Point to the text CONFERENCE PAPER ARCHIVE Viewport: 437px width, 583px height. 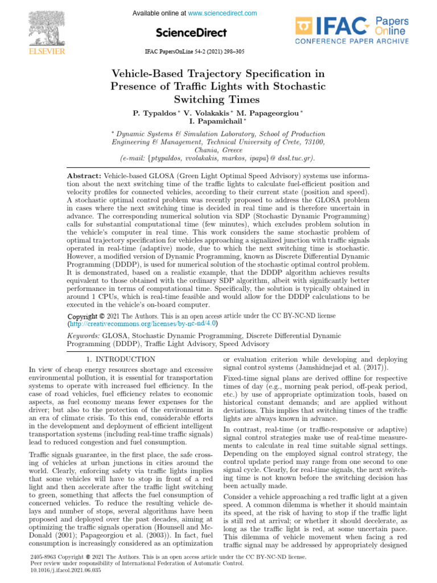(x=352, y=42)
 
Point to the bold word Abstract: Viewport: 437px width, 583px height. (x=84, y=176)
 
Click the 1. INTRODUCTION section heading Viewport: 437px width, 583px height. (x=120, y=359)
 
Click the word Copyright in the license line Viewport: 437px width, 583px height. (x=82, y=315)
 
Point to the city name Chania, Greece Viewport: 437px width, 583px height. (x=218, y=150)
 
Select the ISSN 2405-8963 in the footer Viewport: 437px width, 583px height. (x=43, y=556)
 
